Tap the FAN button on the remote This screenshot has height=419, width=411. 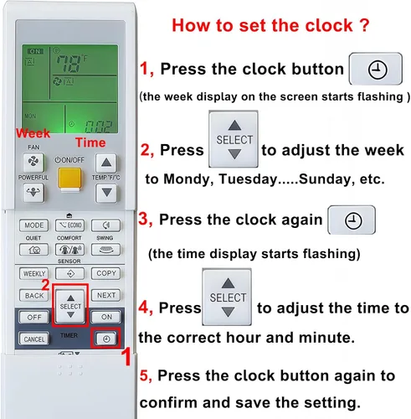(x=33, y=162)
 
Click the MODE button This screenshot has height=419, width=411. (x=33, y=225)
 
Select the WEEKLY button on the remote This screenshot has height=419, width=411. (x=33, y=273)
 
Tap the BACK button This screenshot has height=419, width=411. (x=33, y=295)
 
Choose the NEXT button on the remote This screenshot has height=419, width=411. (x=106, y=295)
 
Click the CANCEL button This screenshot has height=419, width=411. (x=33, y=339)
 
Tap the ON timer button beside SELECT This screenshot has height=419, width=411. (x=106, y=317)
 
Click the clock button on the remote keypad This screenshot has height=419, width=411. (x=106, y=339)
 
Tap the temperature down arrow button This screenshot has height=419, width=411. (x=106, y=193)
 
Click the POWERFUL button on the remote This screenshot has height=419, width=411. (x=33, y=192)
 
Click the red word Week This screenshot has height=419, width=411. (x=33, y=133)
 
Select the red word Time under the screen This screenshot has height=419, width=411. (x=90, y=142)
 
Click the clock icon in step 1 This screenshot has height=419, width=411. (x=378, y=70)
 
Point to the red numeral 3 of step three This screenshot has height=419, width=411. (x=145, y=219)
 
